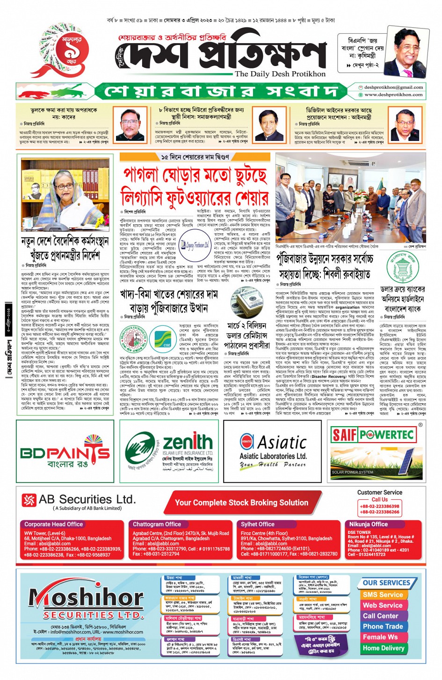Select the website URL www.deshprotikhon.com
coord(393,95)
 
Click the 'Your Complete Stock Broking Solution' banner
coord(241,503)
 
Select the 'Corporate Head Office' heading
coord(54,525)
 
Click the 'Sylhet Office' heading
coord(258,525)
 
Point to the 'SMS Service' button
coord(383,595)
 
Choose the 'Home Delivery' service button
coord(384,648)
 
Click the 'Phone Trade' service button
coord(383,627)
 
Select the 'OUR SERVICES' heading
coord(386,583)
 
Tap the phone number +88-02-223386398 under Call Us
coord(379,506)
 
